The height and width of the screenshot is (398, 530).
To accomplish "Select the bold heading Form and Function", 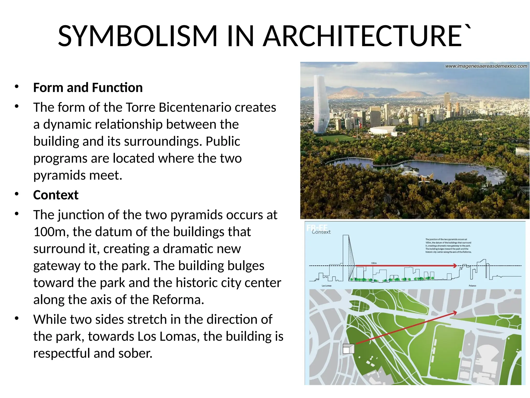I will coord(88,88).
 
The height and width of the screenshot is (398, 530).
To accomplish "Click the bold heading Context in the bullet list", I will coord(56,195).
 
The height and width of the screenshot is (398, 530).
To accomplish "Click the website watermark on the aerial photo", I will coord(486,66).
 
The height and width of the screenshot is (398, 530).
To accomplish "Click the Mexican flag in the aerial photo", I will coord(359,123).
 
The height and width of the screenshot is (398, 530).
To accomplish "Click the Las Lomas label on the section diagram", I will coord(326,286).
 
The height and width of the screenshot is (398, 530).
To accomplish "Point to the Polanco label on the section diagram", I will coord(472,286).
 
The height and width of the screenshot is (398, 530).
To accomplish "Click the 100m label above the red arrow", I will coord(374,263).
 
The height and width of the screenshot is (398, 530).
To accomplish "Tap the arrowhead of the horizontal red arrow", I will coord(455,266).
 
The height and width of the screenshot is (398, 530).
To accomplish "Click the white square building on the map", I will coord(348,349).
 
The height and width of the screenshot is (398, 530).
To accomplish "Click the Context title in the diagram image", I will coord(321,232).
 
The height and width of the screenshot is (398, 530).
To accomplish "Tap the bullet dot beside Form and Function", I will coord(17,87).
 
